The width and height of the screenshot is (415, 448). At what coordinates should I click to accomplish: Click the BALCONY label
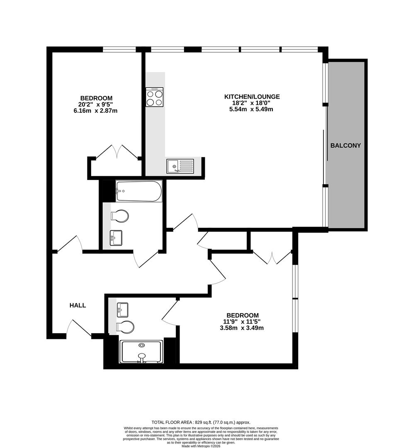345,146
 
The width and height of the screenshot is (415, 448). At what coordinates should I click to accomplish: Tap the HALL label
78,305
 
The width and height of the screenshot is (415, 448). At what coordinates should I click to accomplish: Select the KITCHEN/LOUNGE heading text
252,97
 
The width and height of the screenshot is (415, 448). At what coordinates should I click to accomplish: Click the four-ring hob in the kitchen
154,97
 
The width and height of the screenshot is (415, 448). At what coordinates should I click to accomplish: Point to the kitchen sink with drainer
180,166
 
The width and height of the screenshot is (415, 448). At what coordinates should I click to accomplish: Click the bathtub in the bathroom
138,191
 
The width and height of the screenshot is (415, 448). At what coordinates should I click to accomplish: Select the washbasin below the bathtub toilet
116,238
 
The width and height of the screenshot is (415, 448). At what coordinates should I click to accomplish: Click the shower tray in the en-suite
141,352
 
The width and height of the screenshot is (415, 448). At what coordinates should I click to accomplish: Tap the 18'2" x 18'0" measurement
252,103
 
